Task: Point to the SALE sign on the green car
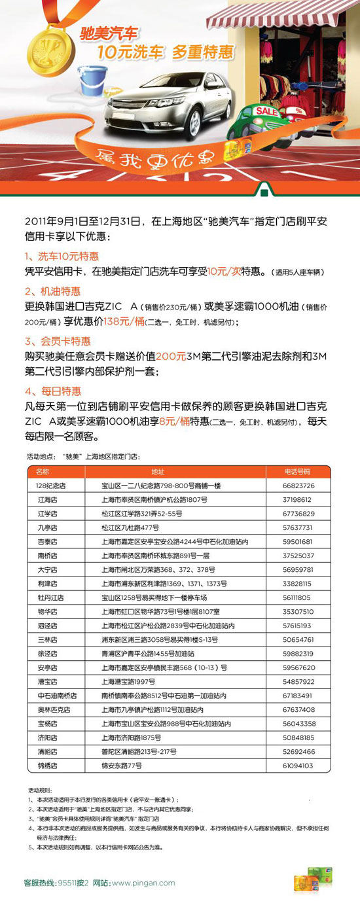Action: pos(266,111)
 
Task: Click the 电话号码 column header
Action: pos(298,471)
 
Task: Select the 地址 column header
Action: pos(158,471)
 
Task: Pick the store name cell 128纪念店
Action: pos(50,486)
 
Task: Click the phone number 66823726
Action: pos(298,486)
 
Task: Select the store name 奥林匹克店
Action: pos(50,709)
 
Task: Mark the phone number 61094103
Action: pos(298,765)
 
